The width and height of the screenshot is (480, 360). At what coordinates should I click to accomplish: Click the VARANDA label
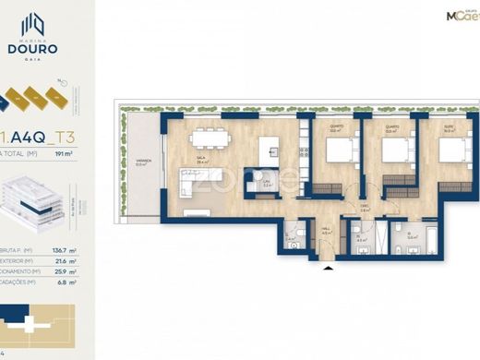coord(142,161)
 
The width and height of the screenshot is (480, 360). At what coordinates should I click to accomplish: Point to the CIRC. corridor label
coord(365,208)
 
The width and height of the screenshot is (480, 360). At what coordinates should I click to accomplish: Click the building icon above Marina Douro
coord(33,23)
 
